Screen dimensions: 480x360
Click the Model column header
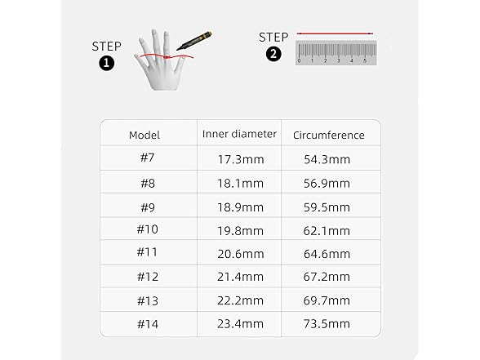144,135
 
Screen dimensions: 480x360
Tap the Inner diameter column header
239,134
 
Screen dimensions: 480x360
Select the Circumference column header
329,135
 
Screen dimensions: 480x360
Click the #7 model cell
147,158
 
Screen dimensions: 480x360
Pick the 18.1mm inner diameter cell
240,184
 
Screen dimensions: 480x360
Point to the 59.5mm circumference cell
327,207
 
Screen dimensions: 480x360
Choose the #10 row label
147,229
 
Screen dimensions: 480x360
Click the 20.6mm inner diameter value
241,254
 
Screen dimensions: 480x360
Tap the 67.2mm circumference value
327,277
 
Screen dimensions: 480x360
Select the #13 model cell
148,301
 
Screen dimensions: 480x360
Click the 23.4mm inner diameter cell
240,323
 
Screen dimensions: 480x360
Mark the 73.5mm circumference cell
327,323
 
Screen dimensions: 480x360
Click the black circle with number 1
106,63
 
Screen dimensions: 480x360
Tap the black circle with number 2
273,54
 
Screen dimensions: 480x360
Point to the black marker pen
194,41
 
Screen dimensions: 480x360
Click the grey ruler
336,52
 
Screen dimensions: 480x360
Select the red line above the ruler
335,33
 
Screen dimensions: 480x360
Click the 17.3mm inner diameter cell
241,159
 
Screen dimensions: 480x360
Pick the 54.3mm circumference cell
327,159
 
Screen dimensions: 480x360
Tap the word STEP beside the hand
106,47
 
